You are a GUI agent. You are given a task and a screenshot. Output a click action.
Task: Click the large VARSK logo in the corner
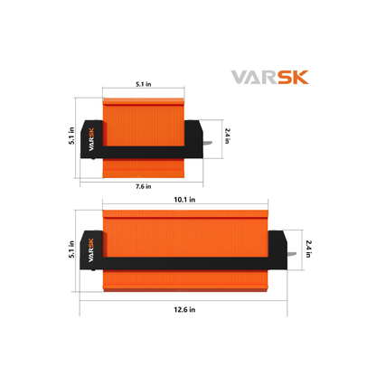pyautogui.click(x=270, y=77)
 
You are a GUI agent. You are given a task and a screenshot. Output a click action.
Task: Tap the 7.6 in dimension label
pyautogui.click(x=144, y=186)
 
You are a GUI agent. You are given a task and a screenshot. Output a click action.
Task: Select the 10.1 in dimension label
pyautogui.click(x=184, y=200)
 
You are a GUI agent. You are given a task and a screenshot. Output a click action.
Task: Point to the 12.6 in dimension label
pyautogui.click(x=184, y=309)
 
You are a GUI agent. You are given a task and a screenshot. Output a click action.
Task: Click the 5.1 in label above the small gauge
pyautogui.click(x=144, y=84)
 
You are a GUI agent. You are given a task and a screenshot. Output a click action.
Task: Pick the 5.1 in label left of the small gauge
pyautogui.click(x=71, y=136)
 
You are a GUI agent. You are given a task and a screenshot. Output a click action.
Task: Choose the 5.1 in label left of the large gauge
pyautogui.click(x=71, y=249)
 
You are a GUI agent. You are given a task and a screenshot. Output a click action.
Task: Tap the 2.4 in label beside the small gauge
pyautogui.click(x=228, y=136)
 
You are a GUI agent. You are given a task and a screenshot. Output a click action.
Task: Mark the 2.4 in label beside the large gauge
pyautogui.click(x=308, y=249)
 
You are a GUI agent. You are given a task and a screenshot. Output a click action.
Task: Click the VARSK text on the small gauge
pyautogui.click(x=91, y=139)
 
